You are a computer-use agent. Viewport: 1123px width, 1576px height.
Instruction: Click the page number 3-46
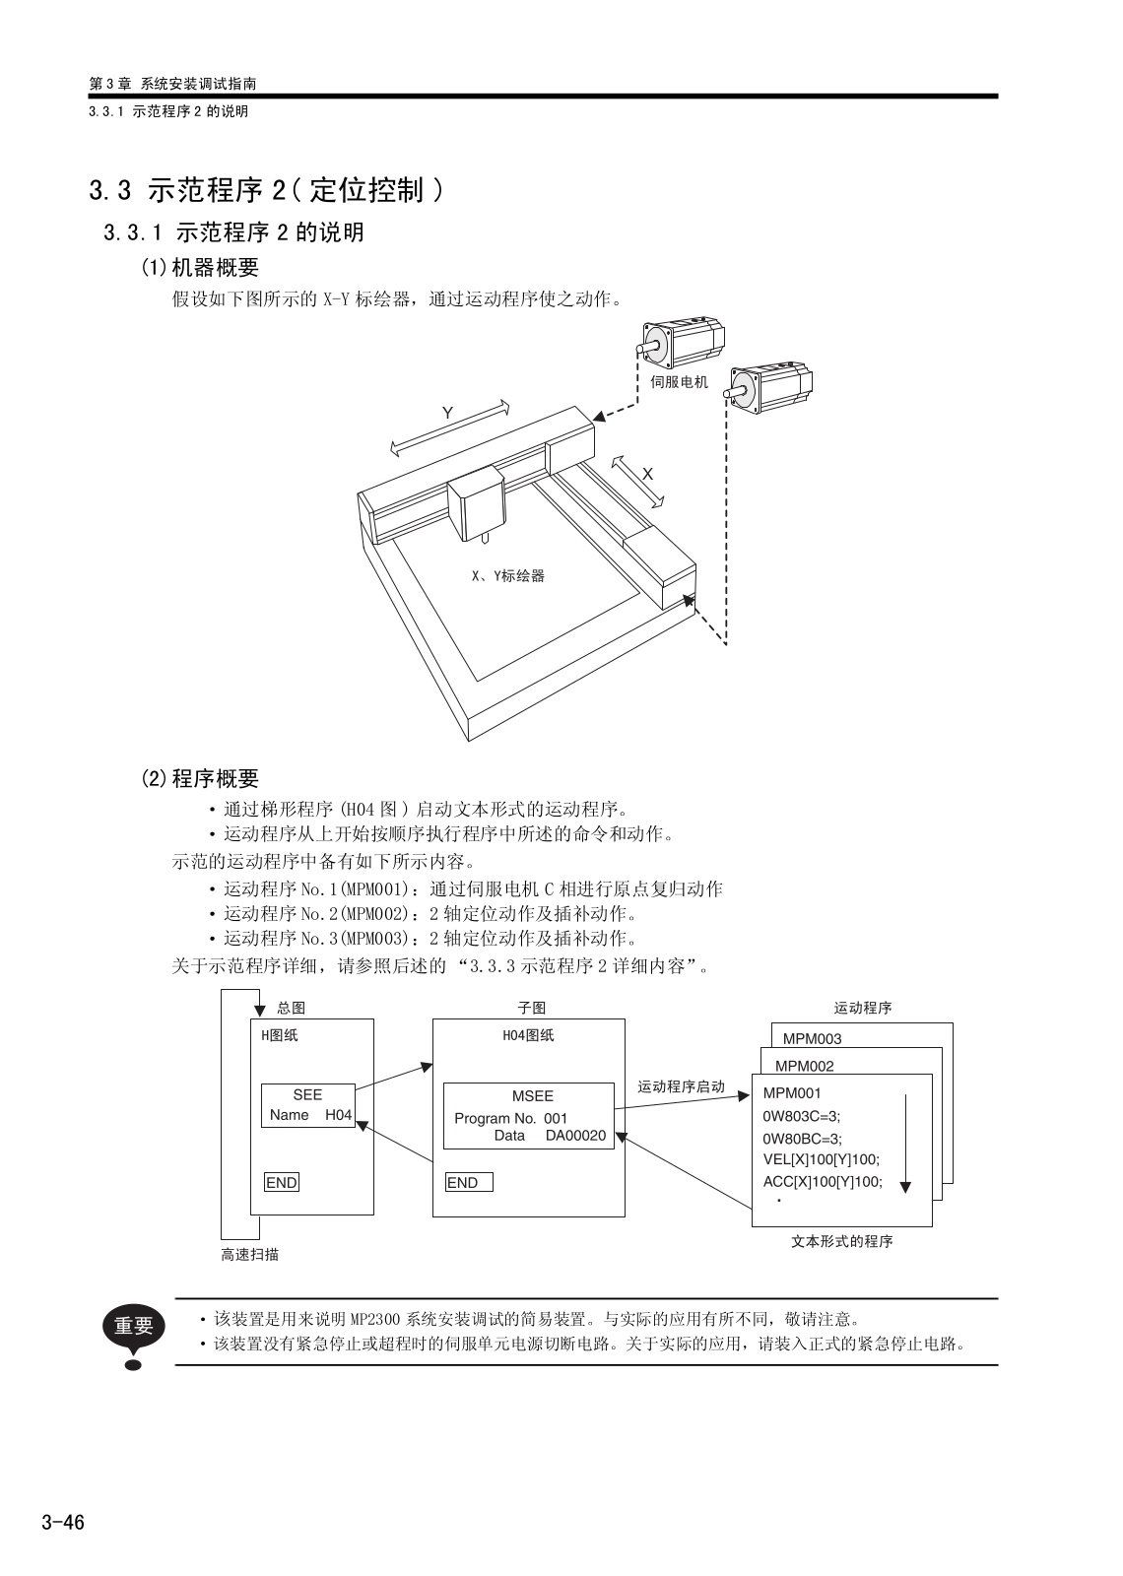pos(63,1523)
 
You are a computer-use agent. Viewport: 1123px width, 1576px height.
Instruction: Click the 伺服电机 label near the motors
pos(679,382)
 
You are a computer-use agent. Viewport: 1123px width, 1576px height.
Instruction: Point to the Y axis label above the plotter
pos(448,413)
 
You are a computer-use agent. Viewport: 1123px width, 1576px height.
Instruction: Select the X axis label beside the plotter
pos(647,474)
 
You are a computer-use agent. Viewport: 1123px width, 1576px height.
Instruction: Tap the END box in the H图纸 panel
pos(282,1183)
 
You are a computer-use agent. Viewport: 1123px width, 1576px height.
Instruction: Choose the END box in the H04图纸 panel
pos(468,1183)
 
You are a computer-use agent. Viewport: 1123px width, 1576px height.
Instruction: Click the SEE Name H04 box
pos(308,1105)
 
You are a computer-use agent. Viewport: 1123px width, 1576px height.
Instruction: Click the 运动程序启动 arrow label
pos(681,1086)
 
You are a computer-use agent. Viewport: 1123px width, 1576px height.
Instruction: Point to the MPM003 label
pos(812,1038)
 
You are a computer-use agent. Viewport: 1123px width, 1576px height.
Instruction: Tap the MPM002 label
pos(804,1066)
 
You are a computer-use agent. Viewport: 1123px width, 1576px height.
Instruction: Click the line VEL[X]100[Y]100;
pos(821,1159)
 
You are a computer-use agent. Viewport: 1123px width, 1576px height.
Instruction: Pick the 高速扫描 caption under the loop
pos(249,1254)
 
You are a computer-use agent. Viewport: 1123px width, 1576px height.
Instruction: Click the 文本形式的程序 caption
pos(841,1241)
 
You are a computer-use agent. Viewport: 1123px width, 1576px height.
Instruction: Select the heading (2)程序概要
pos(200,779)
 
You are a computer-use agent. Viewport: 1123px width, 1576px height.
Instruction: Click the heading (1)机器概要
pos(200,267)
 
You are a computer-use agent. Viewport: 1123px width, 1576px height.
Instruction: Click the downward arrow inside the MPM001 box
pos(905,1143)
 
